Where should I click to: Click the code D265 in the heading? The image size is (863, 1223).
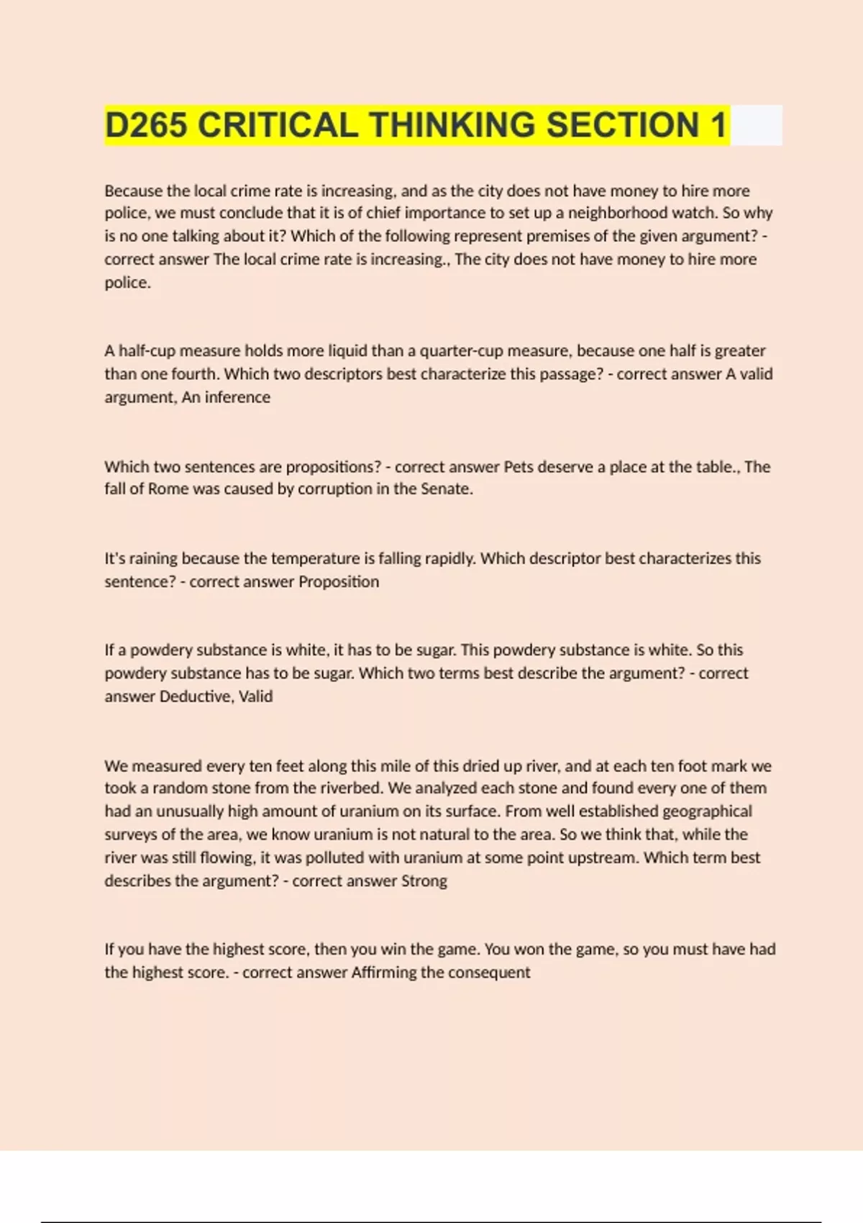146,125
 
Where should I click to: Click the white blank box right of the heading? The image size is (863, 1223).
755,125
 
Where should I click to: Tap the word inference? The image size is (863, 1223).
237,397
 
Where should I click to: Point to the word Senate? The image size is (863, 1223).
447,489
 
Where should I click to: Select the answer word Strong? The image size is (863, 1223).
424,881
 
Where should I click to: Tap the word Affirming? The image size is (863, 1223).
384,973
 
